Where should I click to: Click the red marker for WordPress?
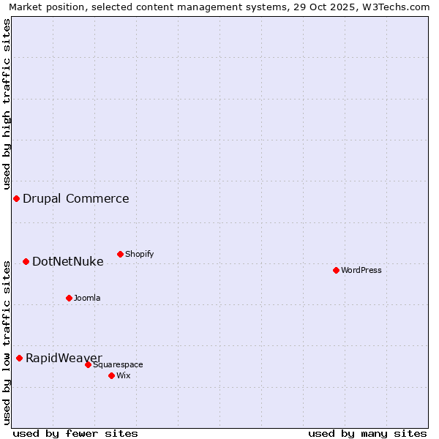click(x=336, y=270)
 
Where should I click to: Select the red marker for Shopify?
click(x=120, y=254)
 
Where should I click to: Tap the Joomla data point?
click(x=69, y=298)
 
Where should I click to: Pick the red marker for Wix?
click(x=111, y=375)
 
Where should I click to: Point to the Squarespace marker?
click(x=88, y=364)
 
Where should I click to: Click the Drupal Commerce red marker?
click(x=16, y=198)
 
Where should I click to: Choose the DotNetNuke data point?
click(x=26, y=261)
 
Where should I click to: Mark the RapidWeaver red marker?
click(x=19, y=358)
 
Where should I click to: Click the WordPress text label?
click(x=361, y=270)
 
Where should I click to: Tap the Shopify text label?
click(x=140, y=254)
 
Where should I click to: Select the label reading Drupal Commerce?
click(x=76, y=198)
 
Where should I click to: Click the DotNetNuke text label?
click(x=68, y=261)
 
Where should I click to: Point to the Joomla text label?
click(x=87, y=298)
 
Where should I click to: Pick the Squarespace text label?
click(x=118, y=364)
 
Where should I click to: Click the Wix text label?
click(x=124, y=375)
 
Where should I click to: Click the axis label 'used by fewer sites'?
click(x=75, y=433)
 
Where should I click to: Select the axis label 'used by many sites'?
click(x=367, y=433)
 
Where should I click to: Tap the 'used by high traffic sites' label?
click(x=7, y=104)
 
